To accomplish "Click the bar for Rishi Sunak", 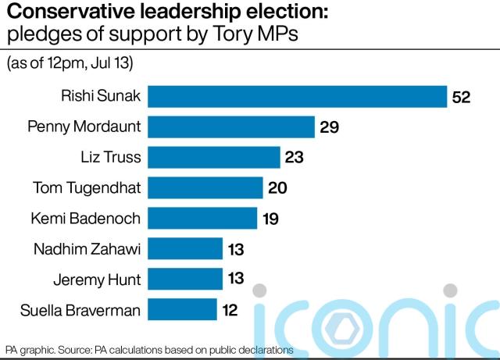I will pyautogui.click(x=298, y=96).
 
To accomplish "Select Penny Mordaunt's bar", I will pyautogui.click(x=231, y=127).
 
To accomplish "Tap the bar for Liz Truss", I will pyautogui.click(x=214, y=157).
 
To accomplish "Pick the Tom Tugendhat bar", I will pyautogui.click(x=205, y=187).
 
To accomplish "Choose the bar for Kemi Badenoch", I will pyautogui.click(x=202, y=218).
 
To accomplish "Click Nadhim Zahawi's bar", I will pyautogui.click(x=185, y=249).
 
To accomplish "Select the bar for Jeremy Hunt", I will pyautogui.click(x=185, y=279).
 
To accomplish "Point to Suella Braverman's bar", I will pyautogui.click(x=182, y=309).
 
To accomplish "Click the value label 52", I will pyautogui.click(x=460, y=97).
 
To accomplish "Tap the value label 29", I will pyautogui.click(x=329, y=127).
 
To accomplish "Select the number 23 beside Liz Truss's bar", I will pyautogui.click(x=295, y=158).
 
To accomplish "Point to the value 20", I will pyautogui.click(x=277, y=188).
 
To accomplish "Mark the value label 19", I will pyautogui.click(x=270, y=219).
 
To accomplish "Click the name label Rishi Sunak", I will pyautogui.click(x=102, y=96).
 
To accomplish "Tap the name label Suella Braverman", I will pyautogui.click(x=82, y=310).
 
